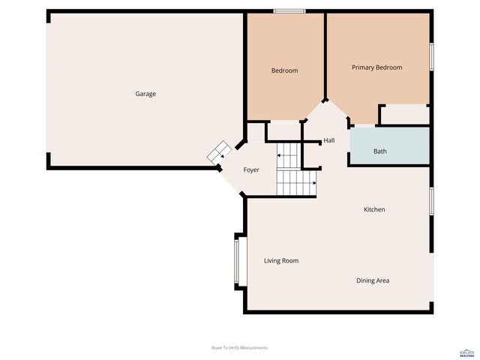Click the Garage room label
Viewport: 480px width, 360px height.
145,94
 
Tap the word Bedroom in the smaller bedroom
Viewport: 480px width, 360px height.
284,71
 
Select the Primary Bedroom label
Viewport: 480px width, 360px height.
376,67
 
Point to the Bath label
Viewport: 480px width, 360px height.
380,151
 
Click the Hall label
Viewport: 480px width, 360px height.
328,141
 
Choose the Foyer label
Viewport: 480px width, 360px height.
251,170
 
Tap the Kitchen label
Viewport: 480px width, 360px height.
374,210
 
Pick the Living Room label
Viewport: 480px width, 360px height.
281,261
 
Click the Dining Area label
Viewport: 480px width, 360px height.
373,280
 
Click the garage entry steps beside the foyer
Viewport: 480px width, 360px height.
218,151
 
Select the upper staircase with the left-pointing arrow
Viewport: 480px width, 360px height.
288,156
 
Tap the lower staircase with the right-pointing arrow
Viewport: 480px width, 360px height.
297,181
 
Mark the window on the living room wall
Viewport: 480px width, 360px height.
237,261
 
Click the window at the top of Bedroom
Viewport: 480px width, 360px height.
289,10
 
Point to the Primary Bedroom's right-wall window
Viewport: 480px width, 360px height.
431,57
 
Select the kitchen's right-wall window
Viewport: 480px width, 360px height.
431,200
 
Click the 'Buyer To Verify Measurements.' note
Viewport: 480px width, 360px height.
240,348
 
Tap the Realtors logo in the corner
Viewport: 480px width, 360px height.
466,351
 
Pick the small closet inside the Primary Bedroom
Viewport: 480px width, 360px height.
403,115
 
